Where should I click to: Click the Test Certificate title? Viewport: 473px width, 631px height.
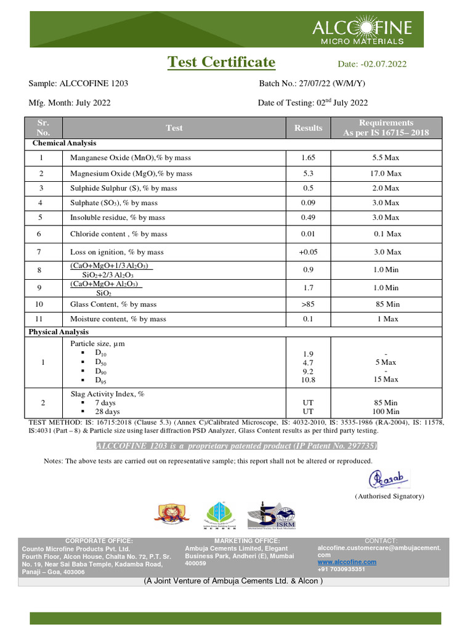click(222, 62)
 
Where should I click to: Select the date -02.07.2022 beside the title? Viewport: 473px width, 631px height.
click(372, 64)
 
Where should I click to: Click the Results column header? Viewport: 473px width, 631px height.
click(308, 128)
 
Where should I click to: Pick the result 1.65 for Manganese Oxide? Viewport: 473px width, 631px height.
click(308, 158)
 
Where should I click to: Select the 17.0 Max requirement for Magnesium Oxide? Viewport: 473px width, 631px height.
click(386, 174)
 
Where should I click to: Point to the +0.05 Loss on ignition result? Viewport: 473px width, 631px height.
click(308, 252)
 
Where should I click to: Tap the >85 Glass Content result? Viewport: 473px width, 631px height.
click(308, 304)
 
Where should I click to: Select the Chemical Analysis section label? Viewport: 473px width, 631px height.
click(64, 143)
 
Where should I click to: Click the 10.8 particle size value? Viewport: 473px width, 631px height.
click(308, 380)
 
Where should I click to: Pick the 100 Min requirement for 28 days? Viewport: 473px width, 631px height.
click(386, 412)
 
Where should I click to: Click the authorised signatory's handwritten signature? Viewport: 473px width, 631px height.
click(389, 479)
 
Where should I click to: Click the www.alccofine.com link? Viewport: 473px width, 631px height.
click(347, 562)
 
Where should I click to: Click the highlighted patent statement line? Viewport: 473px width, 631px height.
click(236, 446)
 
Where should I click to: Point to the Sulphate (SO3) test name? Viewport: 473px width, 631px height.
click(113, 203)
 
